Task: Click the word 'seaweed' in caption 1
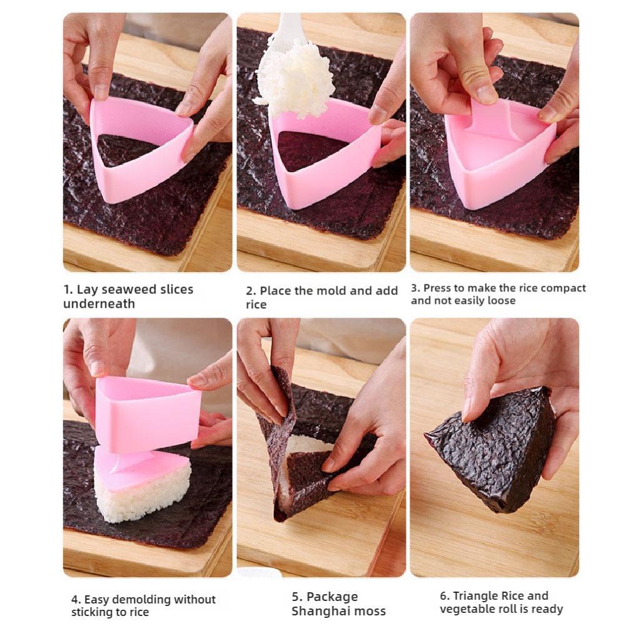[x=133, y=290]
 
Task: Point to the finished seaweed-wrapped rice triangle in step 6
[x=494, y=447]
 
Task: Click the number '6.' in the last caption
[x=445, y=596]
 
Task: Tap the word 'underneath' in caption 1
[x=99, y=304]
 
